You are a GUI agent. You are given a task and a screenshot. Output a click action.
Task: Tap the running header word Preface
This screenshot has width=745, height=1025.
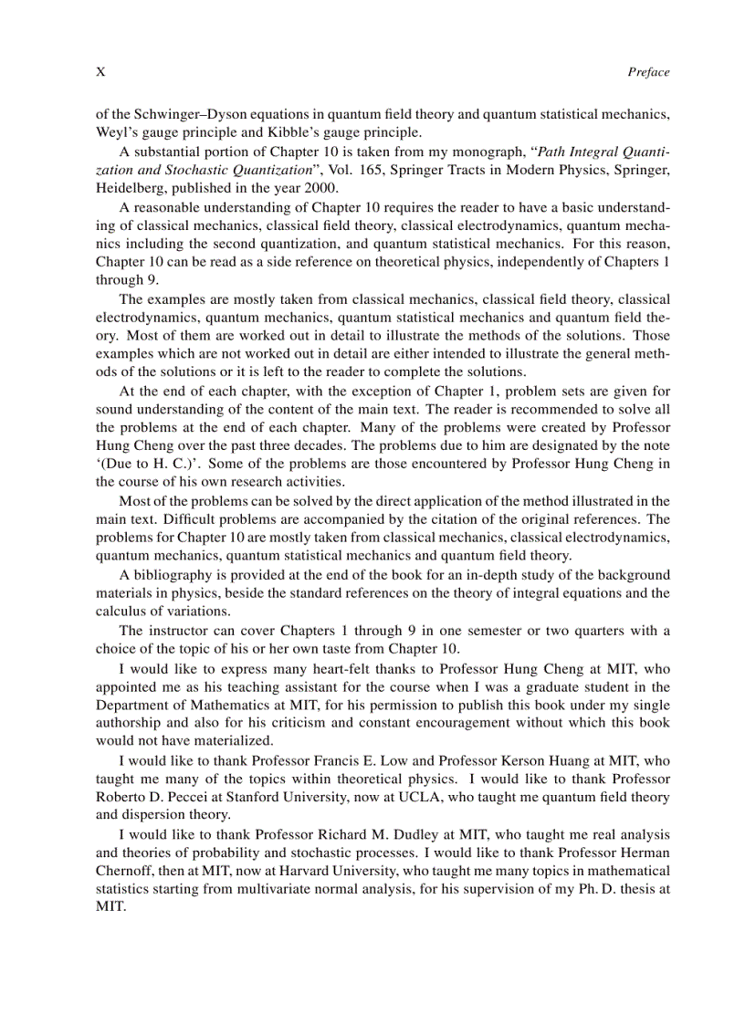click(648, 72)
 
